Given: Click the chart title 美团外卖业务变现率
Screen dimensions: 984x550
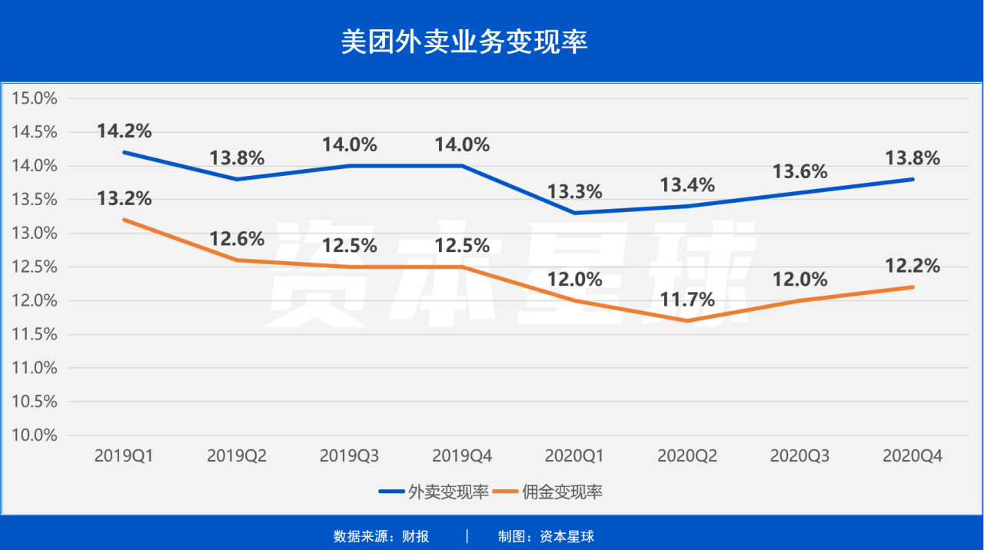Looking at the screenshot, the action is (x=464, y=42).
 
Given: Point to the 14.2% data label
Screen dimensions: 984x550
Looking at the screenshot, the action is (x=125, y=131).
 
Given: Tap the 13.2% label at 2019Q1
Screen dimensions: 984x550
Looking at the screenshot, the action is (x=125, y=199).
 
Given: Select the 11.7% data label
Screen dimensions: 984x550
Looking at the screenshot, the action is (x=686, y=299).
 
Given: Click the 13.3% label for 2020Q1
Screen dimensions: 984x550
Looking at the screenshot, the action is (x=574, y=191).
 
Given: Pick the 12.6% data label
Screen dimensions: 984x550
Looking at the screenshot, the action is (x=237, y=239).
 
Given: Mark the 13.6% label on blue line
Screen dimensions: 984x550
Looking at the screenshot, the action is (x=799, y=171).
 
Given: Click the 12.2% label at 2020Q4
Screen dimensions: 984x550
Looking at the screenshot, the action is (x=913, y=266).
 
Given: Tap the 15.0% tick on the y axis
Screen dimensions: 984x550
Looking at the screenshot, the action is (x=35, y=98).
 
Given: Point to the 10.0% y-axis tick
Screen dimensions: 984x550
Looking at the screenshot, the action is (x=35, y=435).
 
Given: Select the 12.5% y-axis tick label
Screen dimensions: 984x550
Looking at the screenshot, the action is (x=35, y=267).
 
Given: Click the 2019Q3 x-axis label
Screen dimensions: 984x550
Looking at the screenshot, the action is (x=349, y=456).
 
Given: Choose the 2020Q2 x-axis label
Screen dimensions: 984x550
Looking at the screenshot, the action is (x=686, y=456).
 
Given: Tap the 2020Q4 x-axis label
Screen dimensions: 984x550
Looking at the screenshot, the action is (x=913, y=456).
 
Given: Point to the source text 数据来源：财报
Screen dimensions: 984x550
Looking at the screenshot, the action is (x=381, y=536).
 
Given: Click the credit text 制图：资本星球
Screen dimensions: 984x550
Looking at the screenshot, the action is (x=546, y=536).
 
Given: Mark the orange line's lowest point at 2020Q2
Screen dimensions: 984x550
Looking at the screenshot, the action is (x=686, y=320).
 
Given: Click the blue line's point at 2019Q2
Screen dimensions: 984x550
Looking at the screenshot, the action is (x=237, y=179).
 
